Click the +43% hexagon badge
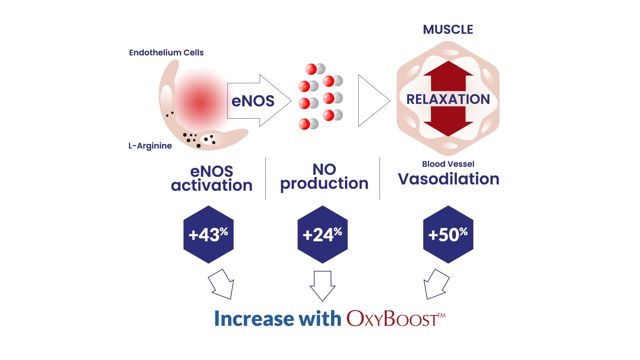pos(208,234)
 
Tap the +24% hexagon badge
pos(322,234)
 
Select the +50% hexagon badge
pos(448,234)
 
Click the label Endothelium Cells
pos(166,53)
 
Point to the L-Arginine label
pos(150,146)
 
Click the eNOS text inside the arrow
pos(253,101)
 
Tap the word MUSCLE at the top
pos(448,30)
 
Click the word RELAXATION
pos(448,99)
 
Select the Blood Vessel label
pos(448,164)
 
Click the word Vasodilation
pos(449,179)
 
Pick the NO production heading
pos(324,177)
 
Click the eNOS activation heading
pos(212,179)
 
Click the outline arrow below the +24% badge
pos(322,286)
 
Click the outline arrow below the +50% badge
pos(436,284)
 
